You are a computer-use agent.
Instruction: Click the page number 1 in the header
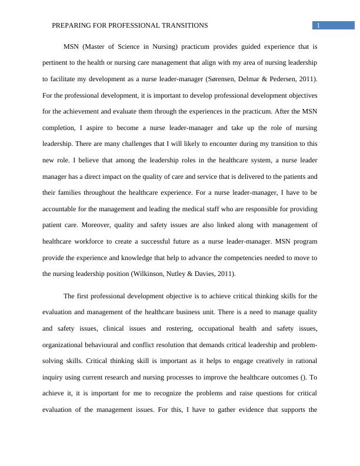coord(318,25)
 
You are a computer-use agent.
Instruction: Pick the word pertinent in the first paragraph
coord(57,62)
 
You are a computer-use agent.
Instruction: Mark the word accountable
coord(62,208)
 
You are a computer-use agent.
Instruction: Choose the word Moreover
coord(91,225)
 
